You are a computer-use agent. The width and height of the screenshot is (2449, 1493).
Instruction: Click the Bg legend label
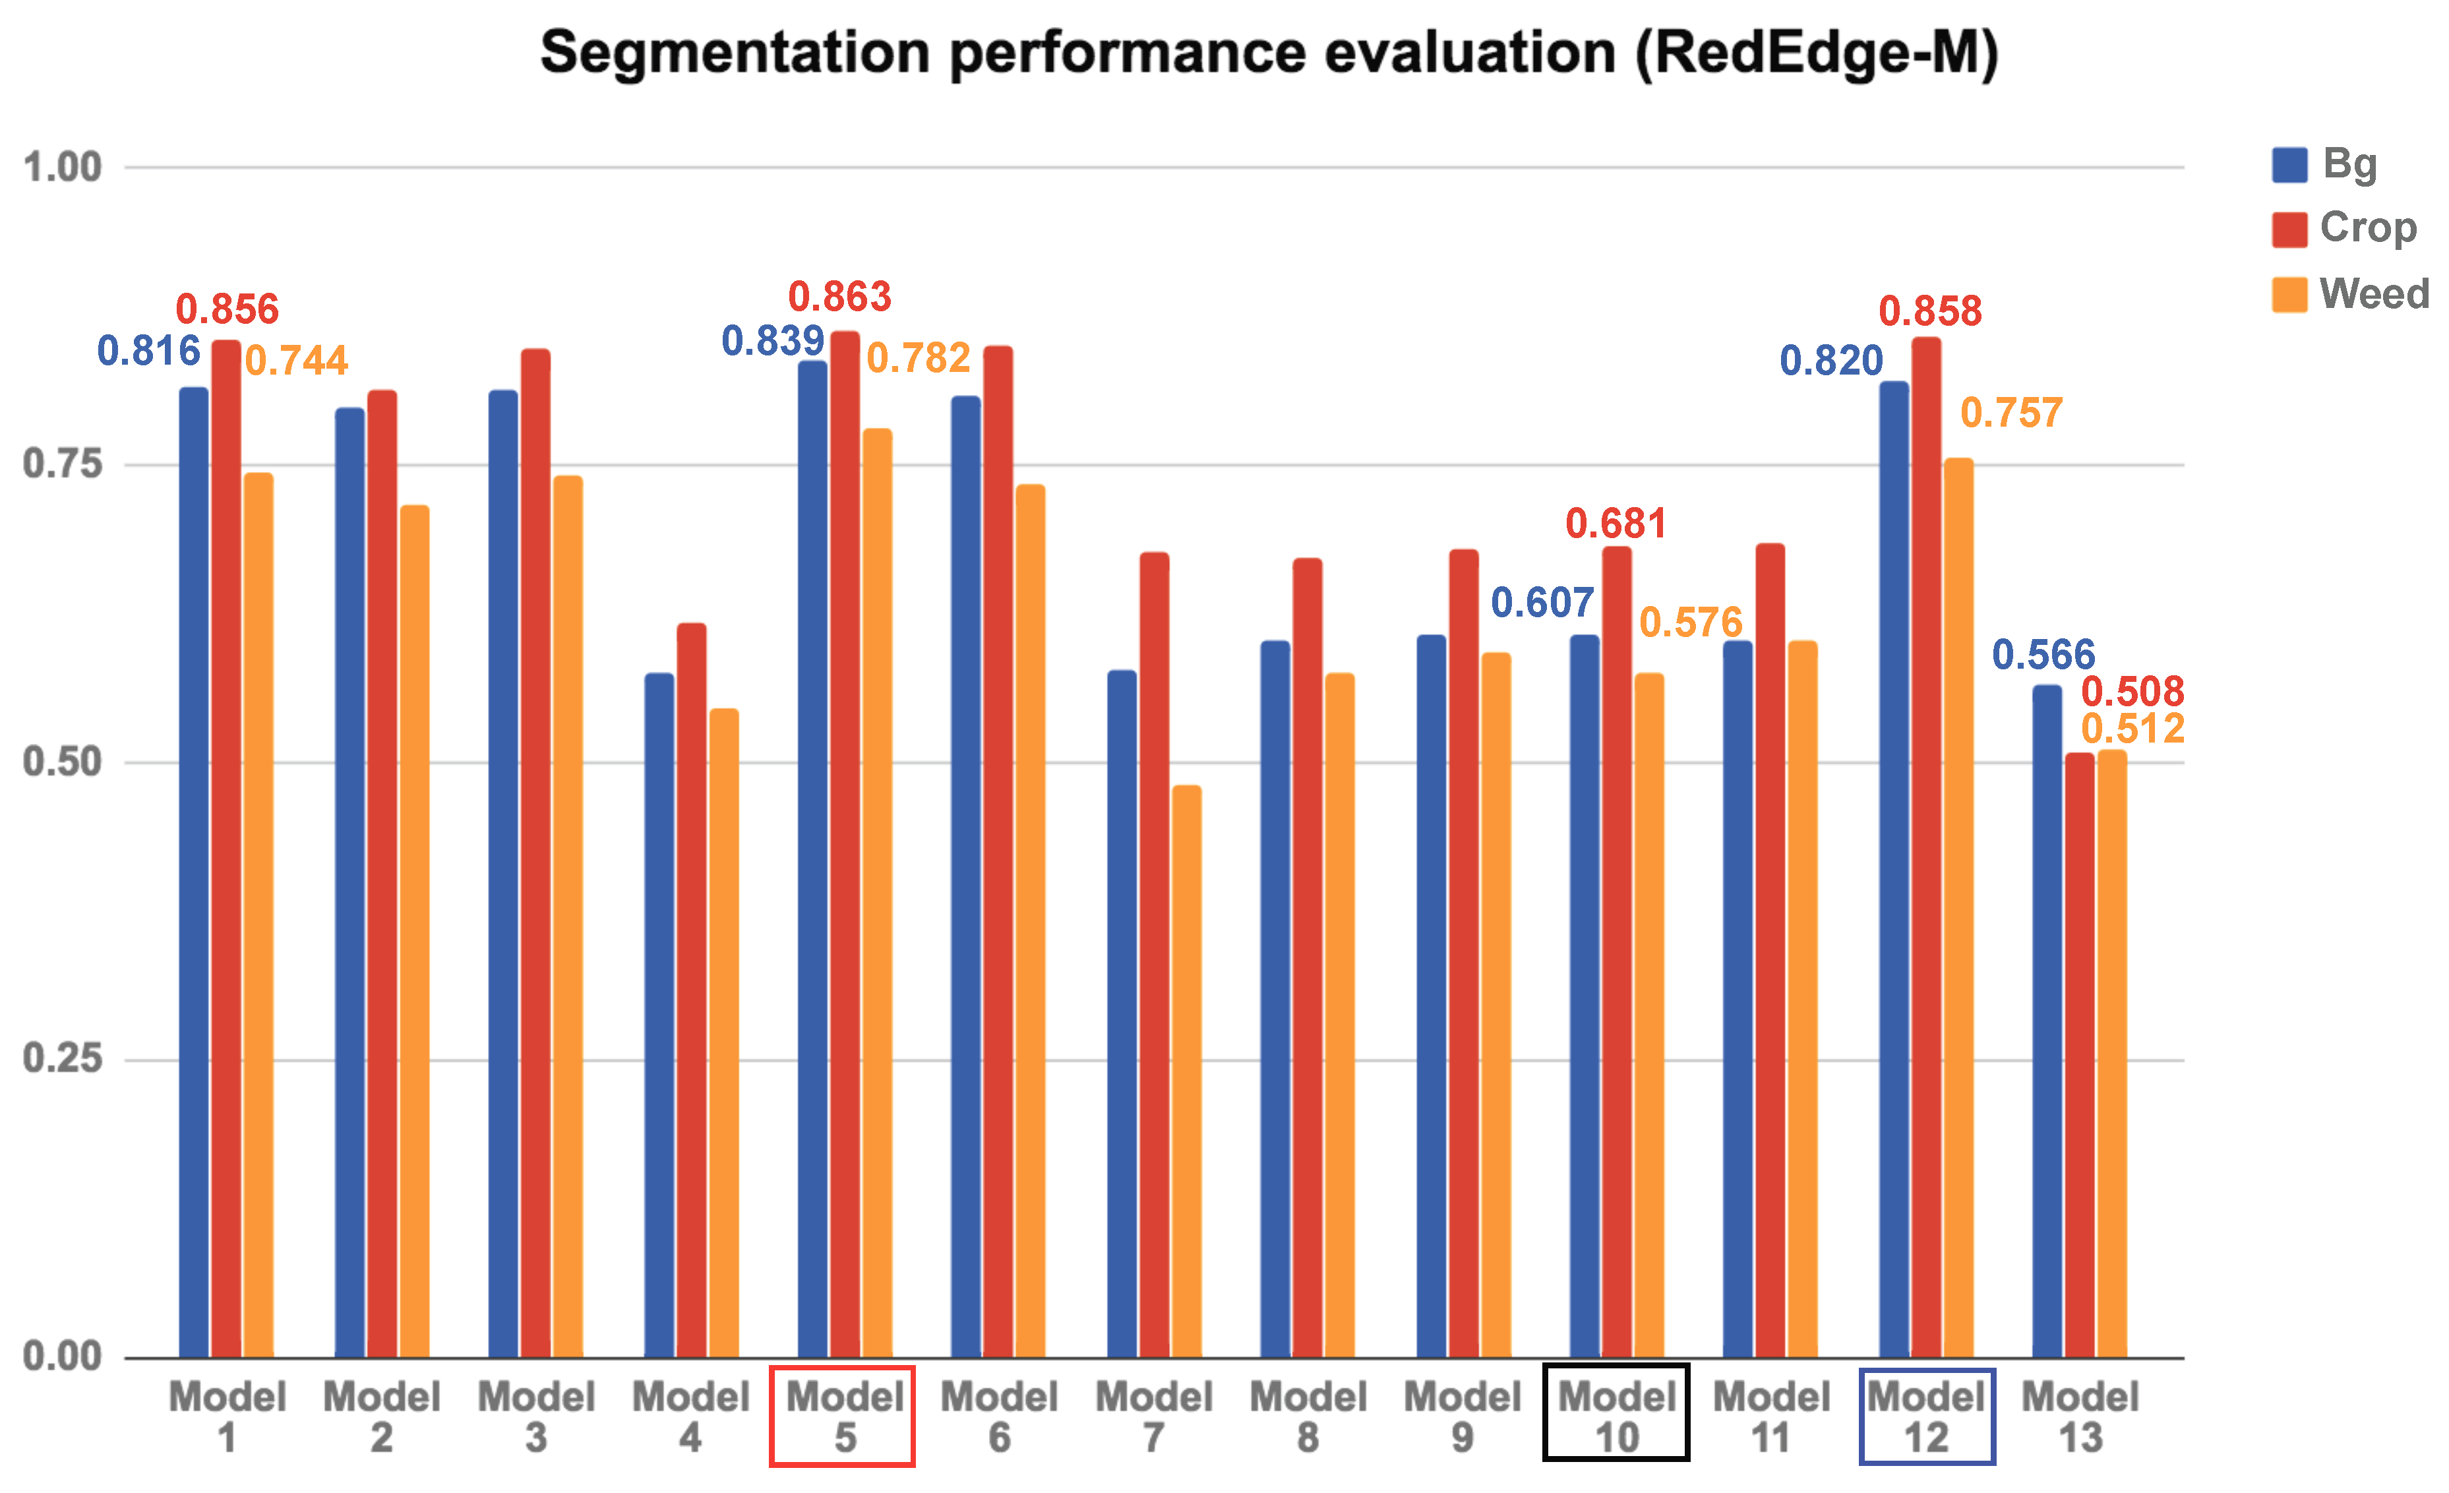click(2349, 163)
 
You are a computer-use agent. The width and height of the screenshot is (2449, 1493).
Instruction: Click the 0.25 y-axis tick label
click(61, 1058)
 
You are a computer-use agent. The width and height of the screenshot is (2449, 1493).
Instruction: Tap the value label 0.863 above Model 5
click(840, 296)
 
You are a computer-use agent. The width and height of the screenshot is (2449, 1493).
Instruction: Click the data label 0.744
click(296, 361)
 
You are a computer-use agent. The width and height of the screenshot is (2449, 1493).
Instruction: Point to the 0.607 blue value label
click(1542, 602)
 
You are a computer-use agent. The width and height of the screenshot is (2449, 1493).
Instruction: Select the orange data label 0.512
click(2132, 729)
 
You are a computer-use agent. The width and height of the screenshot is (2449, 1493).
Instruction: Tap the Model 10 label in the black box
click(1616, 1417)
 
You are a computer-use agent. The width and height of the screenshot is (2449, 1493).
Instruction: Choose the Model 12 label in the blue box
click(1925, 1417)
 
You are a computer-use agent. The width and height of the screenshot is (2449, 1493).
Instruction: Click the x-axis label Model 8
click(1308, 1417)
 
